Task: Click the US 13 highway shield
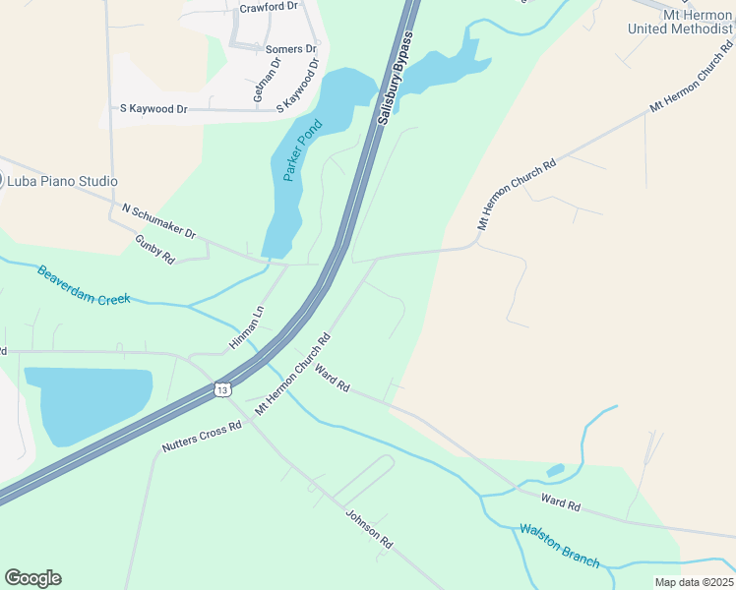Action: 223,389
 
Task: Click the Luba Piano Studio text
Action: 62,181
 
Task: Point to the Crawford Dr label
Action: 268,7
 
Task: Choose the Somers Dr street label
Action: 290,48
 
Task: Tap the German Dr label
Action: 268,81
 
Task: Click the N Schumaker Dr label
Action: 159,221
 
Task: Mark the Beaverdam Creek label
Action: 84,285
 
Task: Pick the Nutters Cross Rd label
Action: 202,438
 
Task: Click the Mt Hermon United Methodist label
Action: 680,22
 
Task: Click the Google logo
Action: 32,578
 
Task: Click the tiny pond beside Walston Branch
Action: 555,470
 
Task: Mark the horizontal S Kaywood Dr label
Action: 153,109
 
